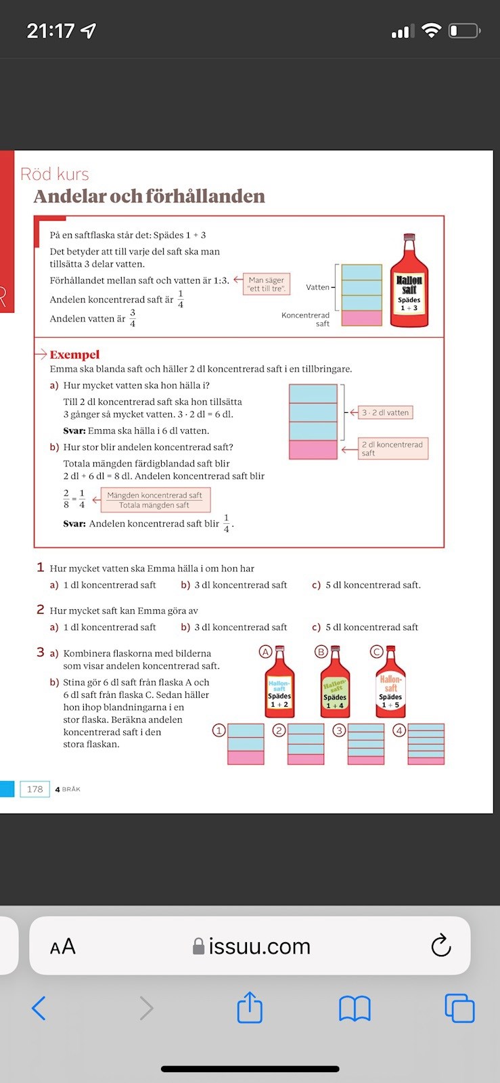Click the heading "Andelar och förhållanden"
(149, 196)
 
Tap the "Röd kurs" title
(55, 174)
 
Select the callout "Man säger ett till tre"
(267, 284)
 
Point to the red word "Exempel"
(74, 355)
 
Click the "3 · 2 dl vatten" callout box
(385, 412)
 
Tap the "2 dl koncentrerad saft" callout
(393, 449)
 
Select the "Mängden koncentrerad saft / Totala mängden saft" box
(155, 500)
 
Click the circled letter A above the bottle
(265, 652)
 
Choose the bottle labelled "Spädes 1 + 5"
(390, 685)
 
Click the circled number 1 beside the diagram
(219, 730)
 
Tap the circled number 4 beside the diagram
(400, 730)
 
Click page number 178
(35, 789)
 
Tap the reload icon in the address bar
(440, 946)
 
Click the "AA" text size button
(62, 946)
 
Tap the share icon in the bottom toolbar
(250, 1007)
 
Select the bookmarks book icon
(355, 1009)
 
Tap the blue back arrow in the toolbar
(39, 1009)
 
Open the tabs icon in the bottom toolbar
(459, 1009)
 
